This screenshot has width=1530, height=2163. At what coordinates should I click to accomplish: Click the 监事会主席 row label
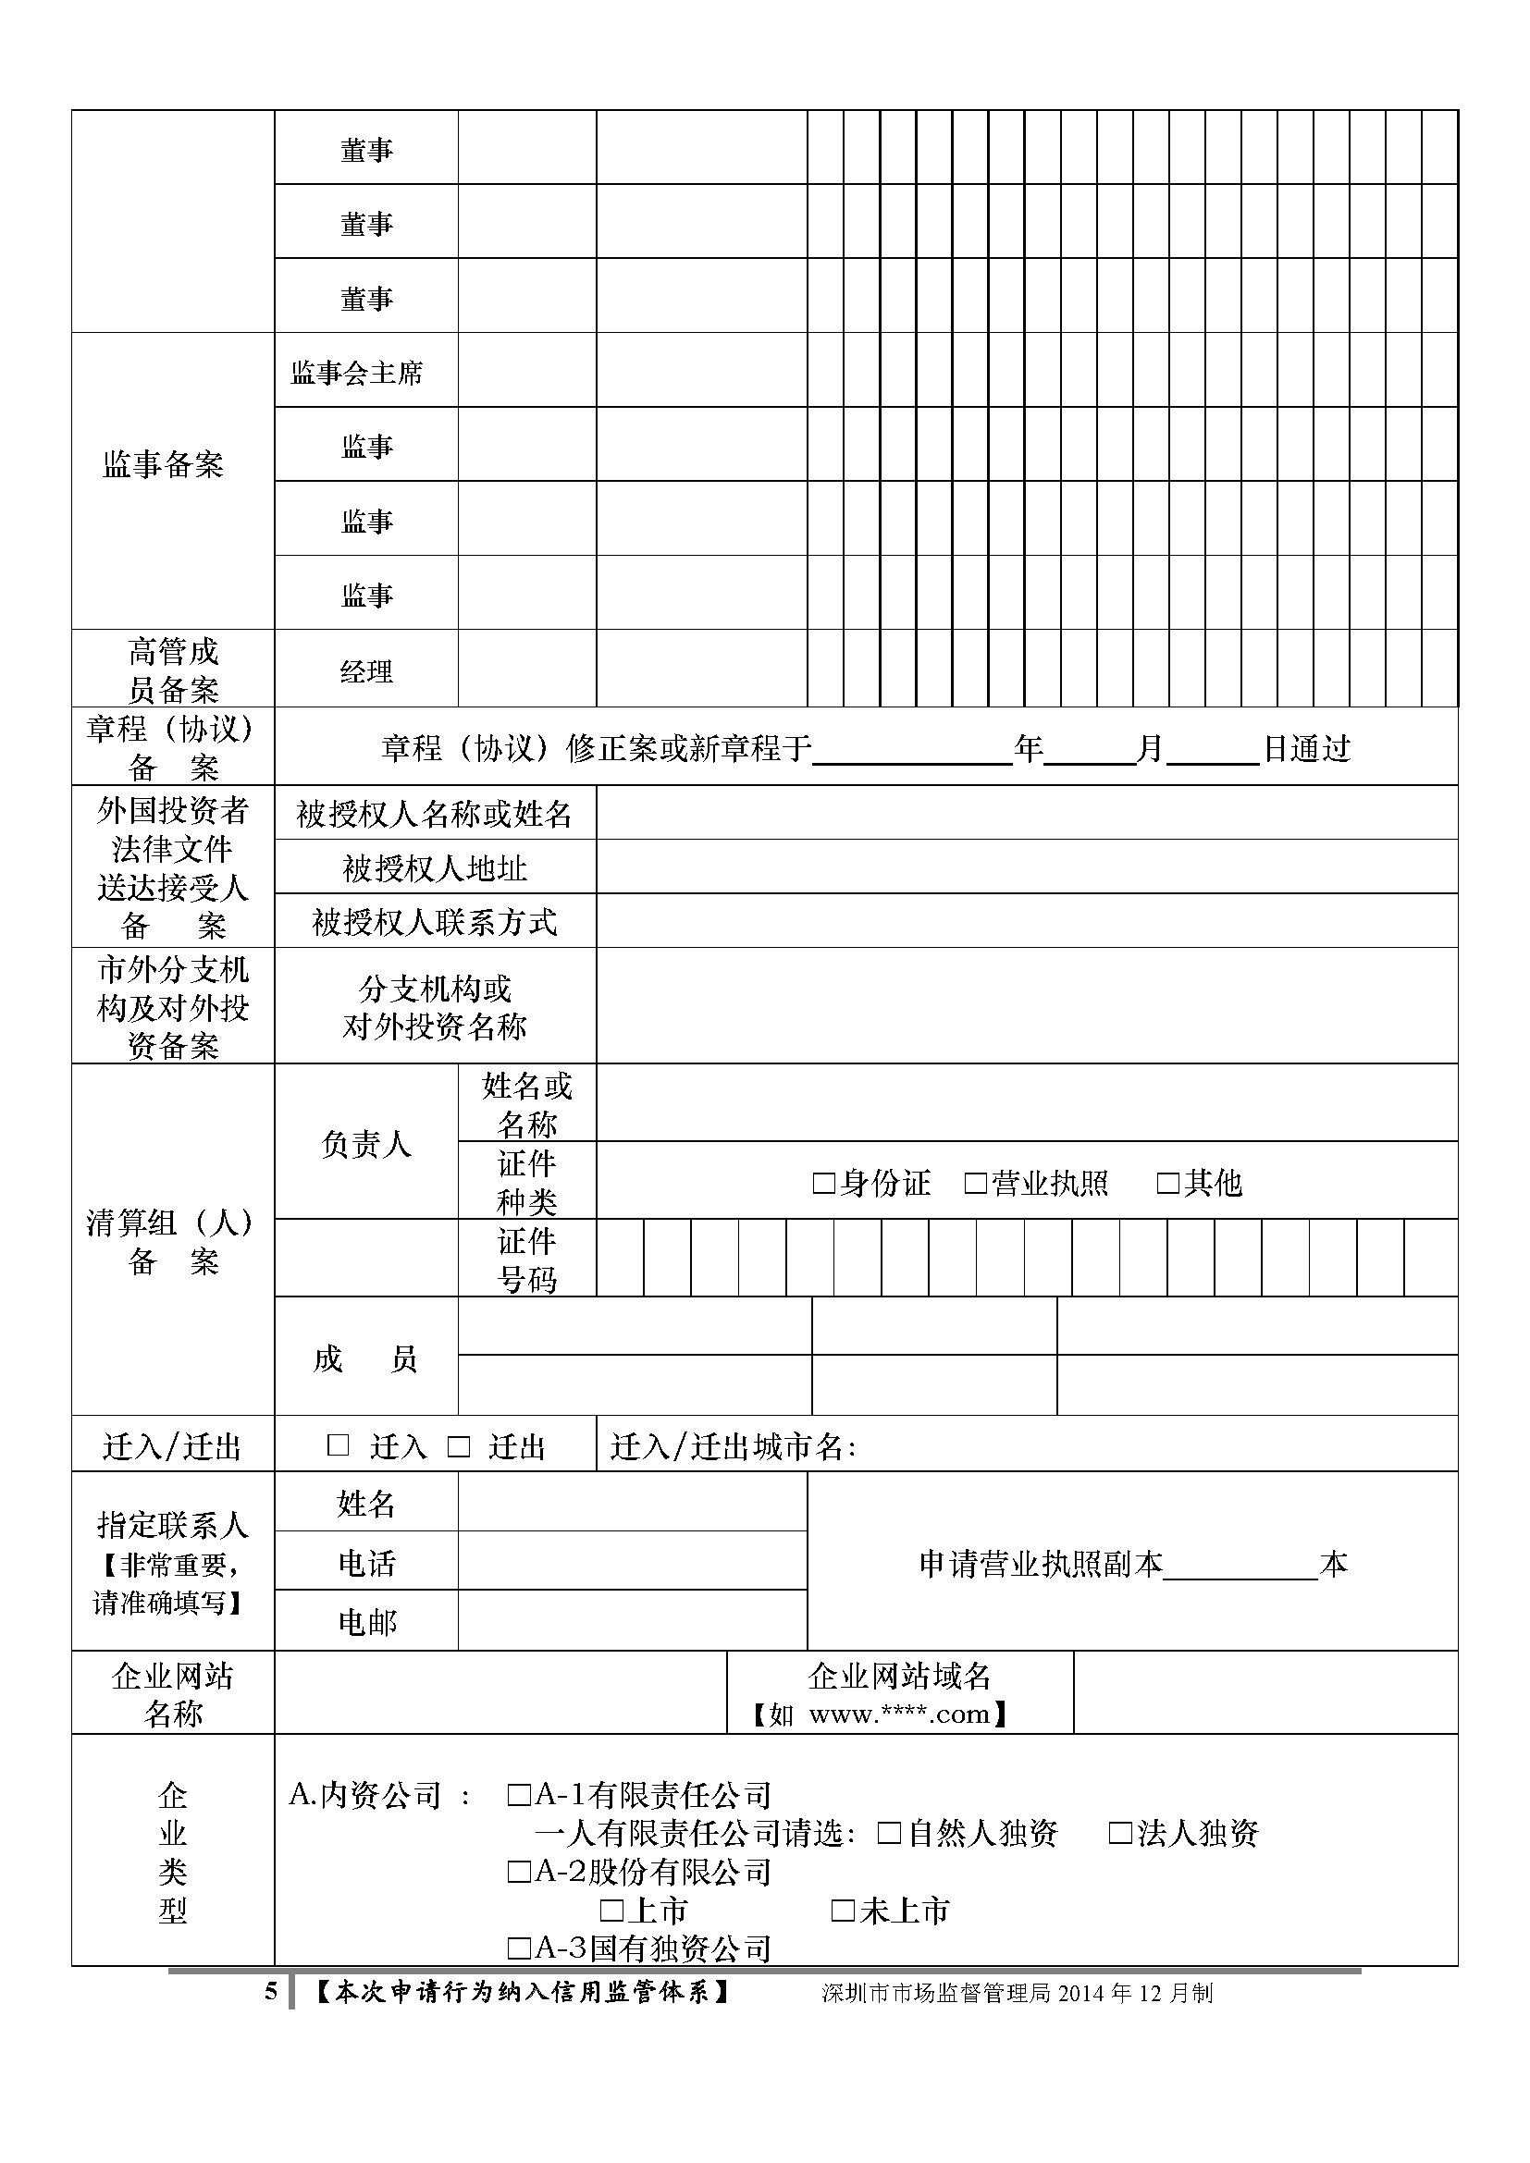pos(356,373)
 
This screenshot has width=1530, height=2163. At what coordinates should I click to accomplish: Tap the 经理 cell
pos(365,671)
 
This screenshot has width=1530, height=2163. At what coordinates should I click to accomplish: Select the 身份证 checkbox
pos(823,1184)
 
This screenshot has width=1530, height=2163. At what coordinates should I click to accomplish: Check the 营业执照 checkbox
pos(975,1184)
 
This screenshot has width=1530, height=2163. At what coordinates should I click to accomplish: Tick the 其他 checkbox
pos(1167,1184)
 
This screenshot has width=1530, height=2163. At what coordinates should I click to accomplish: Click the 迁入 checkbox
pos(338,1445)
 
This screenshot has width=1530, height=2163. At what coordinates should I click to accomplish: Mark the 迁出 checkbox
pos(459,1446)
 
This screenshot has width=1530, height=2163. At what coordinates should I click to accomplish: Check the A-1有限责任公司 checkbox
pos(519,1795)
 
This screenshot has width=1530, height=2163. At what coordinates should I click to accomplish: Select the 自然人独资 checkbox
pos(889,1832)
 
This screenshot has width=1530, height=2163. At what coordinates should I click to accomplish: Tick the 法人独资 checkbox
pos(1120,1832)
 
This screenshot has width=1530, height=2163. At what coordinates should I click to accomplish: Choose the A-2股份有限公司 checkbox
pos(519,1871)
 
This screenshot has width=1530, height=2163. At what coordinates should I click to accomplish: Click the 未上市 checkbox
pos(843,1910)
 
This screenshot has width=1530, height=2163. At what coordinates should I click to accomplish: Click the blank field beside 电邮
pos(631,1620)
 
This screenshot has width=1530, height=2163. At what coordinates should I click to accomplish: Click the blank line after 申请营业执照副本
pos(1239,1566)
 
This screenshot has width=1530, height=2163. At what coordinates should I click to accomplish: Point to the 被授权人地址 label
pos(435,867)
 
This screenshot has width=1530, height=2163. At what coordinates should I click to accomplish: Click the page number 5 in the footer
pos(271,1992)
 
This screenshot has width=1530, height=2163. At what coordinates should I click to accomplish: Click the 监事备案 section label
pos(163,464)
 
